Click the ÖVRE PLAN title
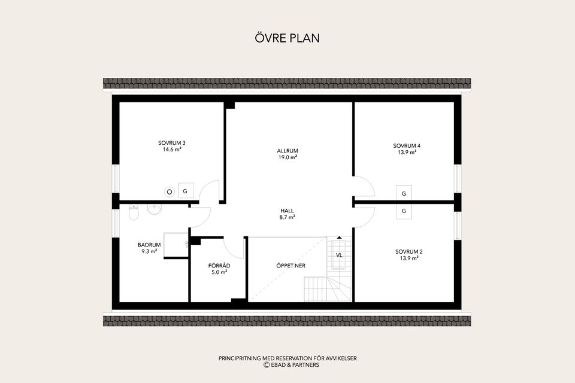(x=287, y=38)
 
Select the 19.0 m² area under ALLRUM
(x=287, y=157)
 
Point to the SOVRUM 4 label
(x=407, y=145)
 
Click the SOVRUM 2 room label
(x=409, y=252)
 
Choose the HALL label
(x=287, y=211)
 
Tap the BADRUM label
(x=149, y=245)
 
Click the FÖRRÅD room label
(x=219, y=266)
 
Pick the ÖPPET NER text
(x=291, y=266)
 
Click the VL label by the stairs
(x=339, y=255)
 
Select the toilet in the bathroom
(x=134, y=212)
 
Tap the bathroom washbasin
(x=155, y=209)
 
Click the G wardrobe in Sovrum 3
(x=186, y=191)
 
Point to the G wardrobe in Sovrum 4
(x=404, y=193)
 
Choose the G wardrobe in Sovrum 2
(x=404, y=211)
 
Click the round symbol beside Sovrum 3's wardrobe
(x=170, y=191)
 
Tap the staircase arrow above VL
(x=339, y=238)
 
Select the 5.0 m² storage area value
(x=219, y=272)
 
